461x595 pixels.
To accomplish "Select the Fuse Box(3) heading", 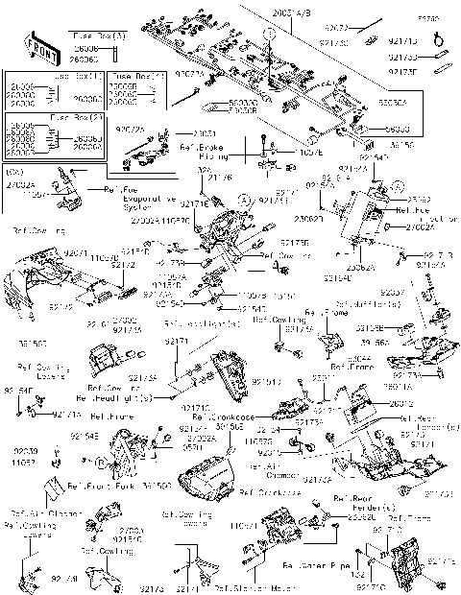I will pos(100,35).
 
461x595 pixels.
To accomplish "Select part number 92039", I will pos(26,450).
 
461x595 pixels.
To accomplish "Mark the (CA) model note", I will pos(14,174).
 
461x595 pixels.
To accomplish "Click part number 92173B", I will pos(294,245).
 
